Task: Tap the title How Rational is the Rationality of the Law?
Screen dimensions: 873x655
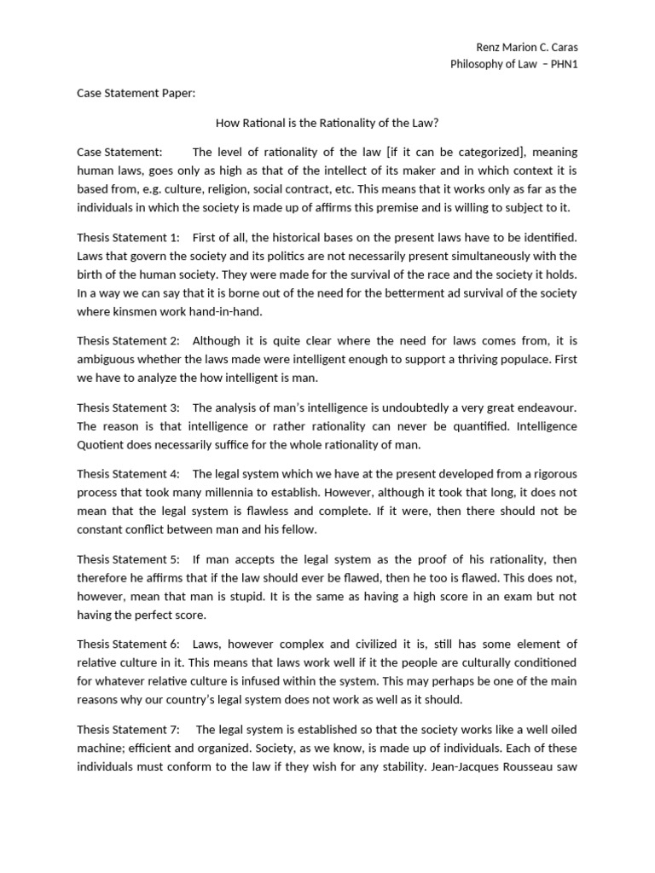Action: (327, 123)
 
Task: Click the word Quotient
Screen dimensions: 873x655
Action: (101, 444)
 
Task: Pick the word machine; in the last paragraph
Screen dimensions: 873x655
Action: (103, 748)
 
